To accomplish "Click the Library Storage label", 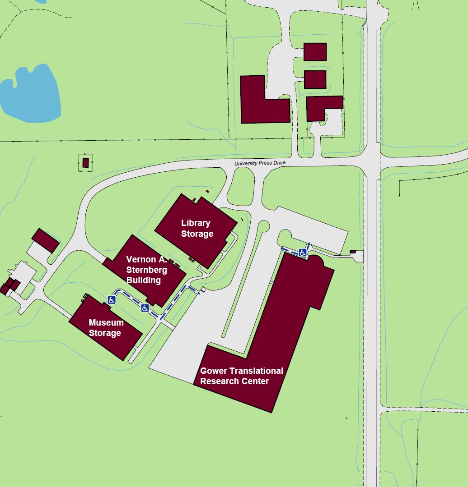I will tap(197, 228).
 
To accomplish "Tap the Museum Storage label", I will tap(106, 328).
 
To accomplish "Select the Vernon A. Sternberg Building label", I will tap(146, 270).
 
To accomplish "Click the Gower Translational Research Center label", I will tap(242, 376).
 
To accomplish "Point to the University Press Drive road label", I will tap(260, 163).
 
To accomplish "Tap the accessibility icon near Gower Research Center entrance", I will tap(303, 253).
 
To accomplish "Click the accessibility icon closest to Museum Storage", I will tap(112, 300).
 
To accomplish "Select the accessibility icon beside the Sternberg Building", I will tap(145, 308).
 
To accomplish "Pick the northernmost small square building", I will tap(315, 52).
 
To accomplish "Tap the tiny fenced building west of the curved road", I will tap(85, 163).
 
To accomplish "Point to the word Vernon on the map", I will tap(140, 259).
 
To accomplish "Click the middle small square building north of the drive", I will tap(315, 79).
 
